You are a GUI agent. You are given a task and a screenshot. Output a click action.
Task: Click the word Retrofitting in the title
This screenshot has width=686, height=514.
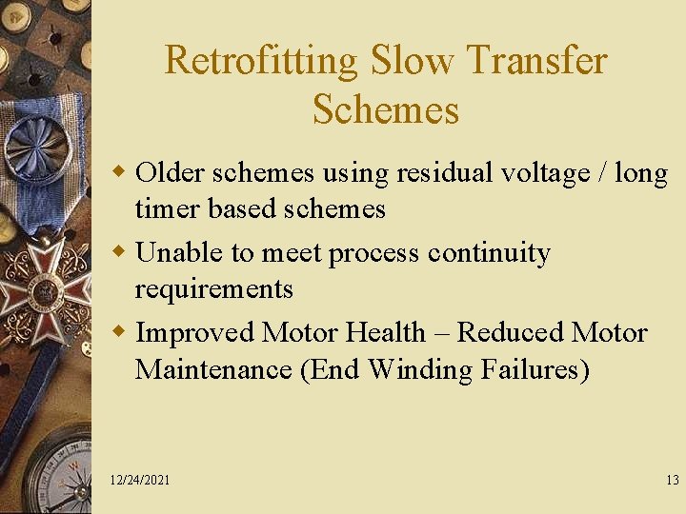pyautogui.click(x=261, y=61)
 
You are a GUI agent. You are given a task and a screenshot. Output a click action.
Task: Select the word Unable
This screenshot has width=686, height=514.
pyautogui.click(x=178, y=253)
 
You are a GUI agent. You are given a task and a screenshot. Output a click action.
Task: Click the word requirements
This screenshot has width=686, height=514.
pyautogui.click(x=214, y=289)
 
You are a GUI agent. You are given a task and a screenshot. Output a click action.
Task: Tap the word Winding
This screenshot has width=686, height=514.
pyautogui.click(x=418, y=369)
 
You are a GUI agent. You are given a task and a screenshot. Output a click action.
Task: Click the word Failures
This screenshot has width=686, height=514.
pyautogui.click(x=534, y=368)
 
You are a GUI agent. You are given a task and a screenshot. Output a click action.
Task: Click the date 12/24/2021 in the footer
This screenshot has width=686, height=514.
pyautogui.click(x=140, y=481)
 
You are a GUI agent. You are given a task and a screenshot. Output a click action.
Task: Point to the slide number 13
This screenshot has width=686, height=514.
pyautogui.click(x=673, y=481)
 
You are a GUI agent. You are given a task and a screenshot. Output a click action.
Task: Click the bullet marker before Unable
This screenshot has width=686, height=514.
pyautogui.click(x=120, y=254)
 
